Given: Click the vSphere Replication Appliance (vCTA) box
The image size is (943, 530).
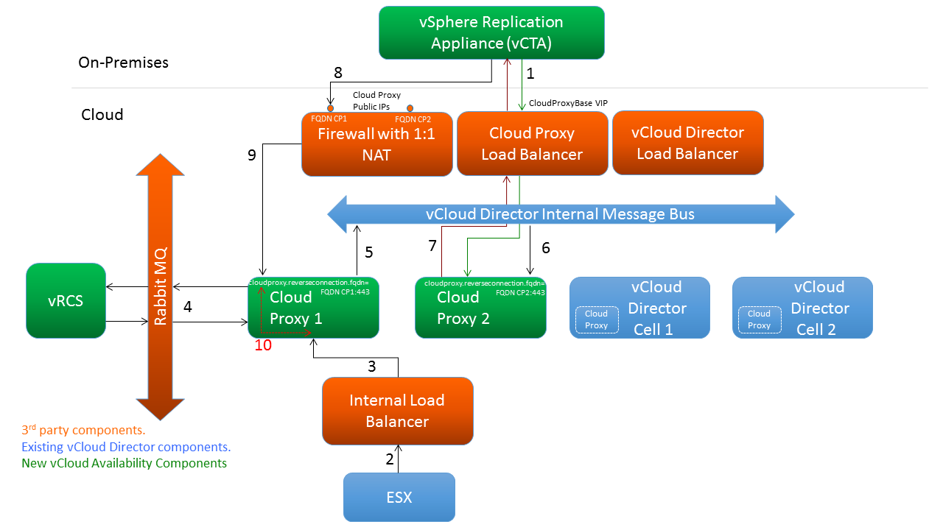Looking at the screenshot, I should click(x=491, y=32).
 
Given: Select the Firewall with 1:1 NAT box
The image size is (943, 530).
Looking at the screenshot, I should click(x=377, y=144).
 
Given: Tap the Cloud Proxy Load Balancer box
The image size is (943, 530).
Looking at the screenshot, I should click(x=532, y=144).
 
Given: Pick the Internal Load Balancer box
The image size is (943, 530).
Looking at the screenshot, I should click(x=397, y=411).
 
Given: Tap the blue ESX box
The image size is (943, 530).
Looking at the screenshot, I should click(x=399, y=497).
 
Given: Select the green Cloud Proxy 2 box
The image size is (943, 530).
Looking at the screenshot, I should click(x=480, y=308).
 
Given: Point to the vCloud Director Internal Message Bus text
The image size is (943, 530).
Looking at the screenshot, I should click(x=560, y=214).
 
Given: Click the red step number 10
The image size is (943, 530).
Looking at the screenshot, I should click(x=263, y=344).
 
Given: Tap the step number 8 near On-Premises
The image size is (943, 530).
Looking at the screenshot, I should click(x=338, y=72).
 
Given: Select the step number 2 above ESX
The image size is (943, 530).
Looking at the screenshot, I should click(x=390, y=459).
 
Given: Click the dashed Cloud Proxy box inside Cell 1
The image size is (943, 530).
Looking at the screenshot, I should click(x=596, y=319).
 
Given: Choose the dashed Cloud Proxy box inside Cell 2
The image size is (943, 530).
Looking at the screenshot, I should click(x=759, y=319).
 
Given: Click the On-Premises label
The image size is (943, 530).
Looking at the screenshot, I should click(x=123, y=63).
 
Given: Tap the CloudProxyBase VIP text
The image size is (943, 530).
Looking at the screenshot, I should click(x=568, y=104).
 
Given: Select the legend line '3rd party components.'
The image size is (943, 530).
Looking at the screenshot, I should click(x=83, y=430).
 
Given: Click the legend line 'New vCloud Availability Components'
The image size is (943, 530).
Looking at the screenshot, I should click(x=124, y=463).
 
